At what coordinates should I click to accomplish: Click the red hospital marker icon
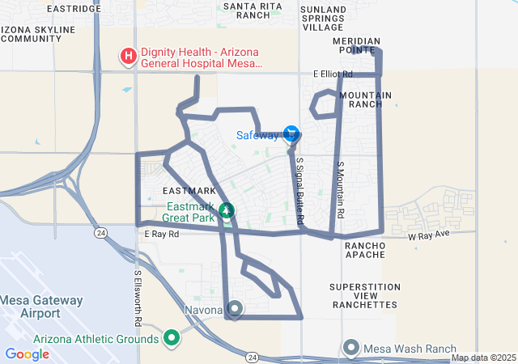(x=128, y=56)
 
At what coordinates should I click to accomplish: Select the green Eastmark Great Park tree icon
(x=227, y=211)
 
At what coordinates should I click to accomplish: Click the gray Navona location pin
(x=235, y=308)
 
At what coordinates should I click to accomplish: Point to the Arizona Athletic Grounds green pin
(x=172, y=337)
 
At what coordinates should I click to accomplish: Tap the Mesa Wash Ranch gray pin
(x=351, y=347)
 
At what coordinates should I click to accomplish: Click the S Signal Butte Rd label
(x=299, y=191)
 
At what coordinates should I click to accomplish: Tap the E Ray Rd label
(x=159, y=234)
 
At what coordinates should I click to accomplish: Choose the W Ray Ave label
(x=428, y=236)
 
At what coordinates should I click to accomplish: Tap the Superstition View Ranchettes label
(x=364, y=296)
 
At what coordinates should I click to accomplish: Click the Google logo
(x=27, y=353)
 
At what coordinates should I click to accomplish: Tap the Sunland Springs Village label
(x=323, y=18)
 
